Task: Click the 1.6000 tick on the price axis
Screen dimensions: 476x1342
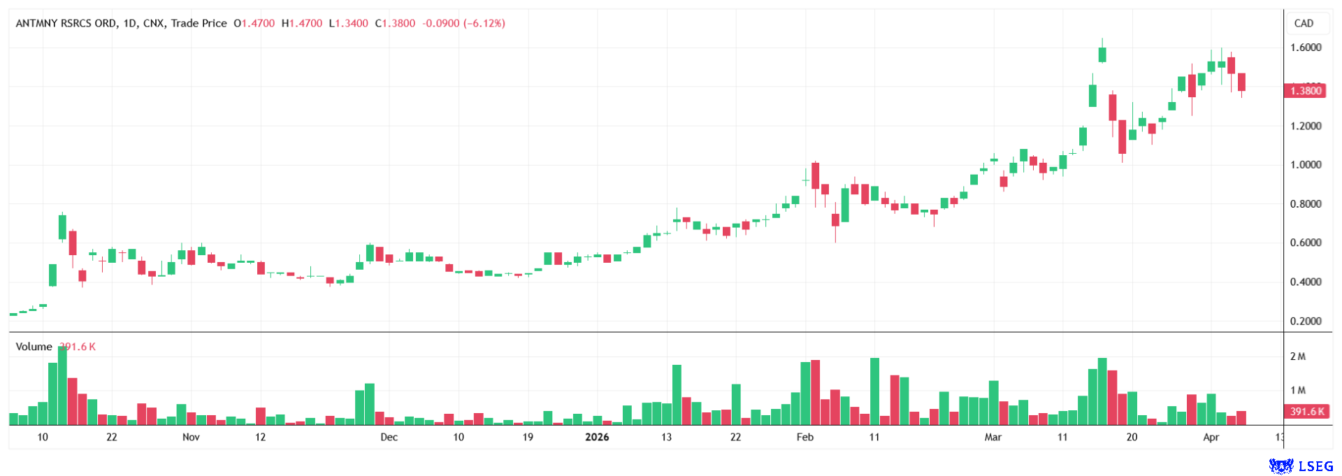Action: click(1305, 48)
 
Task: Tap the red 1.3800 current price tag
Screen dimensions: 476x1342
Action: click(1304, 90)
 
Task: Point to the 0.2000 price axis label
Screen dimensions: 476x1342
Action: click(1305, 322)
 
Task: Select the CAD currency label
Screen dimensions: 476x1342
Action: click(1304, 23)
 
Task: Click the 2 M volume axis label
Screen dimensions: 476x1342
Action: click(1297, 356)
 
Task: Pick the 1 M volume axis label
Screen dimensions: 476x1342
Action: click(1297, 390)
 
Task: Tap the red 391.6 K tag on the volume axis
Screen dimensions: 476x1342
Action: click(1306, 412)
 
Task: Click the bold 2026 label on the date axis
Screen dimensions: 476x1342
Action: click(596, 438)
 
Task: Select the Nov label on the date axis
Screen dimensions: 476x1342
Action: click(191, 438)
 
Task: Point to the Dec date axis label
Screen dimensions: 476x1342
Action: click(389, 438)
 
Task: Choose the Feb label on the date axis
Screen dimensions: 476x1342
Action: click(805, 438)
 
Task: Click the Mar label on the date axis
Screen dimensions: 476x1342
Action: click(993, 438)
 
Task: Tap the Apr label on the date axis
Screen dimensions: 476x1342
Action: click(1211, 438)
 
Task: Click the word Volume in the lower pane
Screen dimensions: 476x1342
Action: click(34, 347)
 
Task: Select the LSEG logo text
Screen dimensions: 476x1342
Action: click(1315, 466)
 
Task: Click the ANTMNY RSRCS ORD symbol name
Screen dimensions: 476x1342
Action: click(66, 23)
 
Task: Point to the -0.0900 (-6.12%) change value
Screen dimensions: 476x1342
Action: click(463, 23)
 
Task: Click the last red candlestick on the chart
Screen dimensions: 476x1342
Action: click(1241, 82)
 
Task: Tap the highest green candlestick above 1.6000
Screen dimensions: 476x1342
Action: click(1102, 55)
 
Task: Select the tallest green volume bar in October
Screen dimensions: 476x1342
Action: click(62, 386)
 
